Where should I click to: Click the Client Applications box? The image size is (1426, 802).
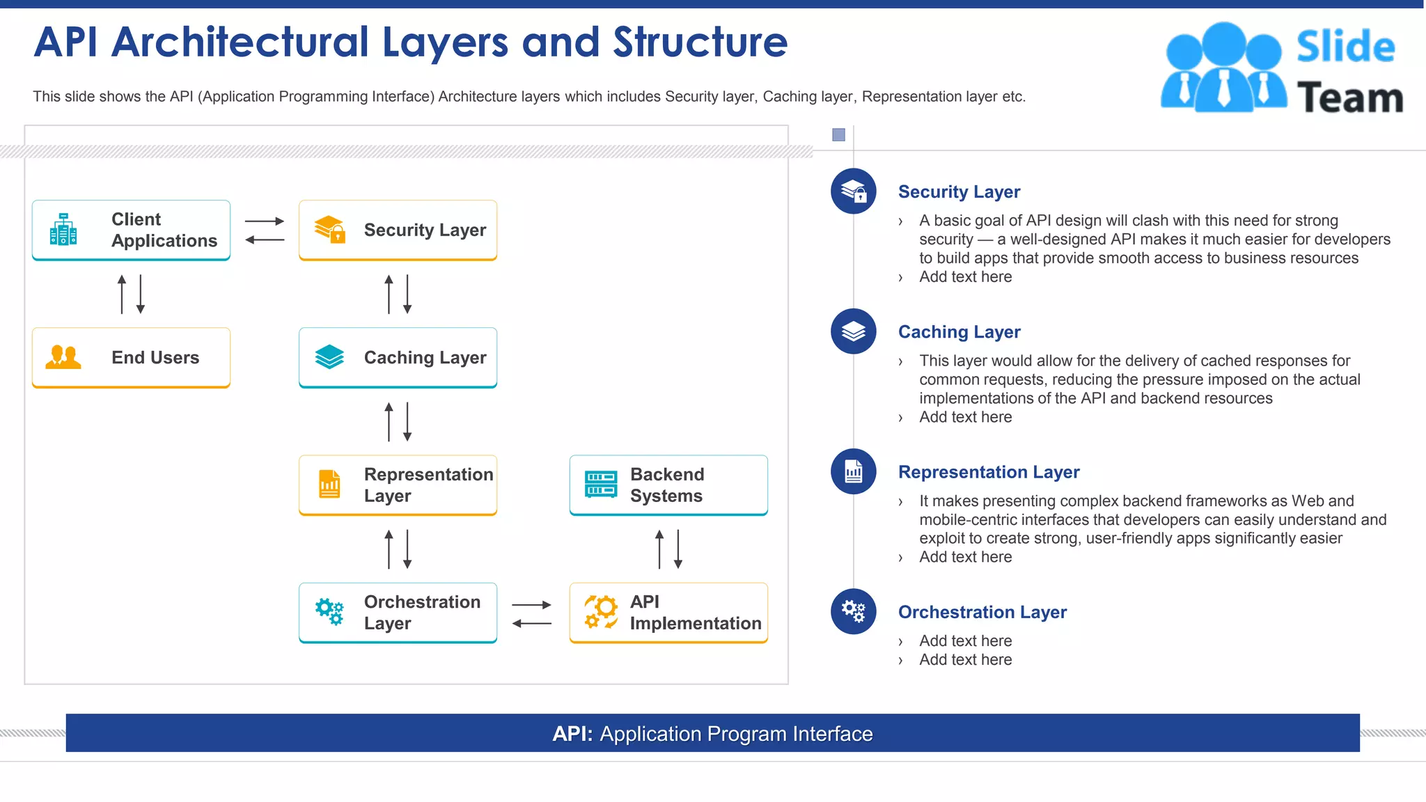coord(131,230)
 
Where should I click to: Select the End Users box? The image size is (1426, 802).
coord(131,357)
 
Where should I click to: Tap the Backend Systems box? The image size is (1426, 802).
coord(668,485)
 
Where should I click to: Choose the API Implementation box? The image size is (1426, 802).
coord(668,612)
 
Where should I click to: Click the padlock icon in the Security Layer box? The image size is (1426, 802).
coord(338,236)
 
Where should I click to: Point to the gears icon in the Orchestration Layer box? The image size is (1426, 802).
coord(329,611)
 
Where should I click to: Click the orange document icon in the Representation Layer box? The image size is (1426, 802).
coord(329,484)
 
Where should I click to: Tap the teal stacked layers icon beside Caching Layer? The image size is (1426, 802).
coord(329,357)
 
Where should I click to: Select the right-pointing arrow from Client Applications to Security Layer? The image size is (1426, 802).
coord(265,221)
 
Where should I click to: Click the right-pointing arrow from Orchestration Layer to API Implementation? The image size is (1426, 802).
coord(531,605)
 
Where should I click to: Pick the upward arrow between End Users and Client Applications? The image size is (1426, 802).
coord(122,294)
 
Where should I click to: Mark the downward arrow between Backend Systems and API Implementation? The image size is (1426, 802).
coord(678,549)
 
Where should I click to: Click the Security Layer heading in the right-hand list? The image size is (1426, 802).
coord(959,191)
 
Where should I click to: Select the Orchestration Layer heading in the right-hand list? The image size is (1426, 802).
coord(982,612)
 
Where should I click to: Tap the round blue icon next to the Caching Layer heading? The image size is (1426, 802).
coord(853,331)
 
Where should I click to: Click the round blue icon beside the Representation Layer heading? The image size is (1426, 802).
coord(853,471)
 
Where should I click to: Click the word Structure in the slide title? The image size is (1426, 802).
coord(700,42)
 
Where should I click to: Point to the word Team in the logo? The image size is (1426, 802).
coord(1349,97)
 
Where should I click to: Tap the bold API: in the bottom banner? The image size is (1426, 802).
coord(572,734)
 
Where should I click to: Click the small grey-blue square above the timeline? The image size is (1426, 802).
coord(838,135)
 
